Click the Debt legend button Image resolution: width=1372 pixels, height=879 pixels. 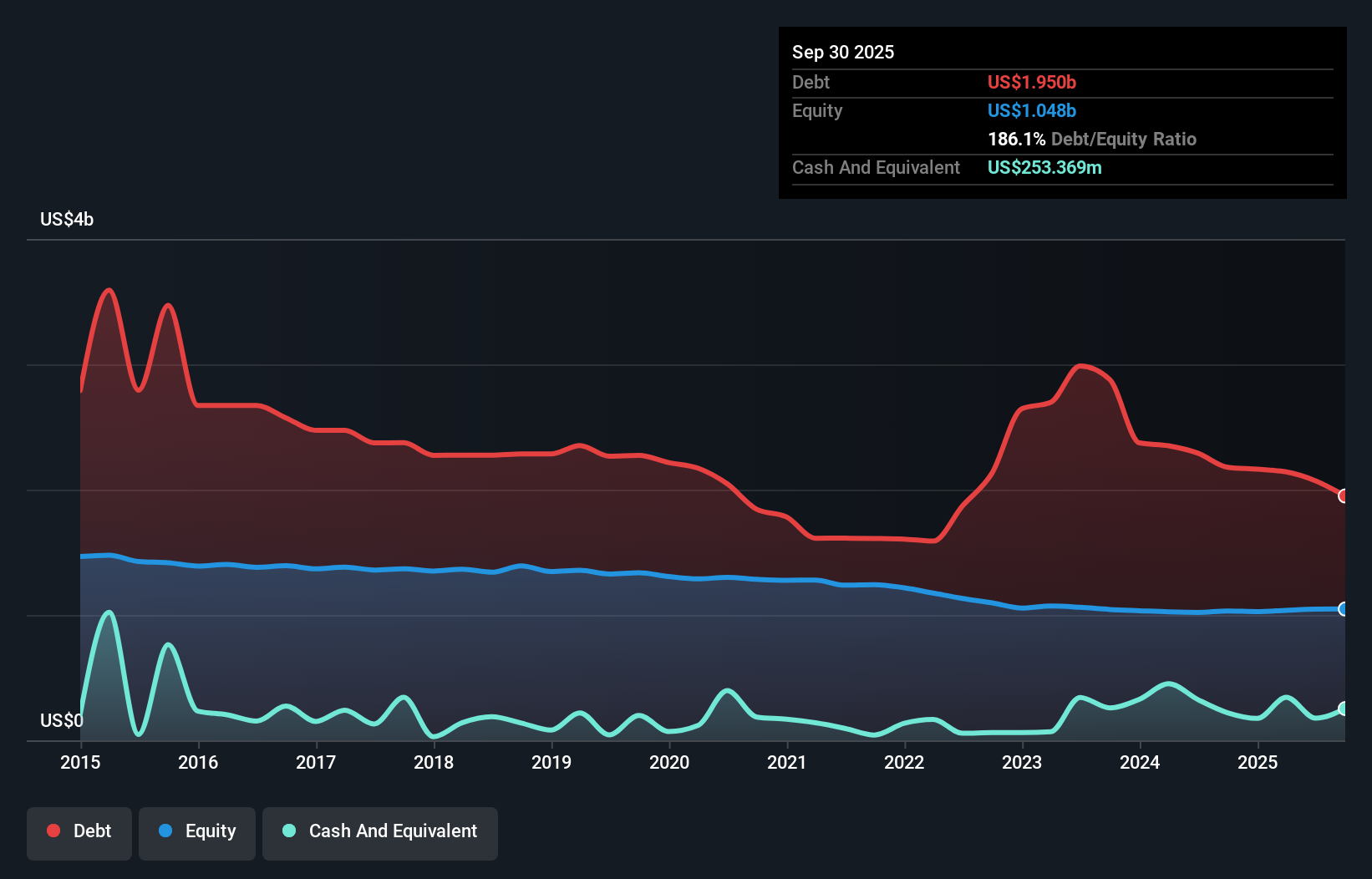click(x=79, y=831)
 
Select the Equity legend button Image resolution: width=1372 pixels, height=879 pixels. click(x=197, y=831)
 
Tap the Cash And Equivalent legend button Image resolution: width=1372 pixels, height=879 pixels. click(x=379, y=831)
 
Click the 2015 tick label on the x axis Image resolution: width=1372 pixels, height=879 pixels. click(x=80, y=762)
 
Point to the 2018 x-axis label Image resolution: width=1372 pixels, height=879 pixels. click(x=434, y=762)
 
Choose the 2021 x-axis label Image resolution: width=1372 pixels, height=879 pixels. click(x=787, y=762)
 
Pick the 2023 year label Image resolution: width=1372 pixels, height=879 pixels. click(x=1022, y=762)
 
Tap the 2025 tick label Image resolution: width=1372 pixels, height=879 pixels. click(x=1258, y=762)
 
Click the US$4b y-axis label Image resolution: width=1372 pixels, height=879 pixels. click(x=67, y=220)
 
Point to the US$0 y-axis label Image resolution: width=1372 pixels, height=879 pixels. click(x=62, y=720)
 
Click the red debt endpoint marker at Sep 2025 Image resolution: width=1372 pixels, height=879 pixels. click(x=1344, y=496)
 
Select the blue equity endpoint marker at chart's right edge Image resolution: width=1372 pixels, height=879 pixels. click(x=1344, y=609)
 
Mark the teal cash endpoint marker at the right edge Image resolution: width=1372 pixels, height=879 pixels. click(x=1344, y=709)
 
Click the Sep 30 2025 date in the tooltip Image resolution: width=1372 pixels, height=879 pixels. click(x=843, y=53)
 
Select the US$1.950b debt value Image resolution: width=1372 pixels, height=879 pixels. click(x=1032, y=82)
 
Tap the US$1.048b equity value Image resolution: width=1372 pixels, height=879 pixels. click(x=1032, y=111)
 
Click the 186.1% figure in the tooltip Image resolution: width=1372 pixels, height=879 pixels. click(x=1016, y=140)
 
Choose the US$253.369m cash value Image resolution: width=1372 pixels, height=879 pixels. click(x=1044, y=168)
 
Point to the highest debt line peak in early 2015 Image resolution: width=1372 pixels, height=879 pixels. click(x=109, y=290)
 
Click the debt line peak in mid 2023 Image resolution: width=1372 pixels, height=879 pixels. click(x=1081, y=366)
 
